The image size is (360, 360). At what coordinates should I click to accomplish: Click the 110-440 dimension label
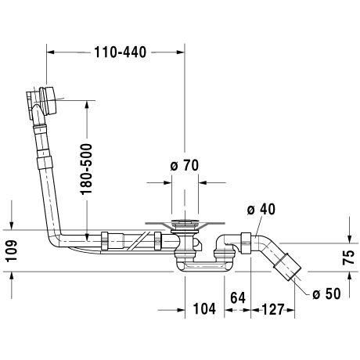click(120, 52)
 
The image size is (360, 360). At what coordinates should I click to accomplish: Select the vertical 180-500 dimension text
click(86, 169)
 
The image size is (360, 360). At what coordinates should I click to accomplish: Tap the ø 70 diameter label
click(185, 165)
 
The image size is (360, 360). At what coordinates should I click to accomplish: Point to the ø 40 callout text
click(261, 210)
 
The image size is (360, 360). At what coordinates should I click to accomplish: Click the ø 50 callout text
click(326, 293)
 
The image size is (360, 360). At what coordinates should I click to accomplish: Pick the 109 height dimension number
click(12, 251)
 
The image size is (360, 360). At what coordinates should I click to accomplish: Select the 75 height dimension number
click(348, 257)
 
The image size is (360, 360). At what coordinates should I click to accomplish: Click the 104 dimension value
click(204, 309)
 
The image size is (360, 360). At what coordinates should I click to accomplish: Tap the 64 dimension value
click(238, 298)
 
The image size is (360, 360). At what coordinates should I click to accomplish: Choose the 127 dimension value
click(272, 309)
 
